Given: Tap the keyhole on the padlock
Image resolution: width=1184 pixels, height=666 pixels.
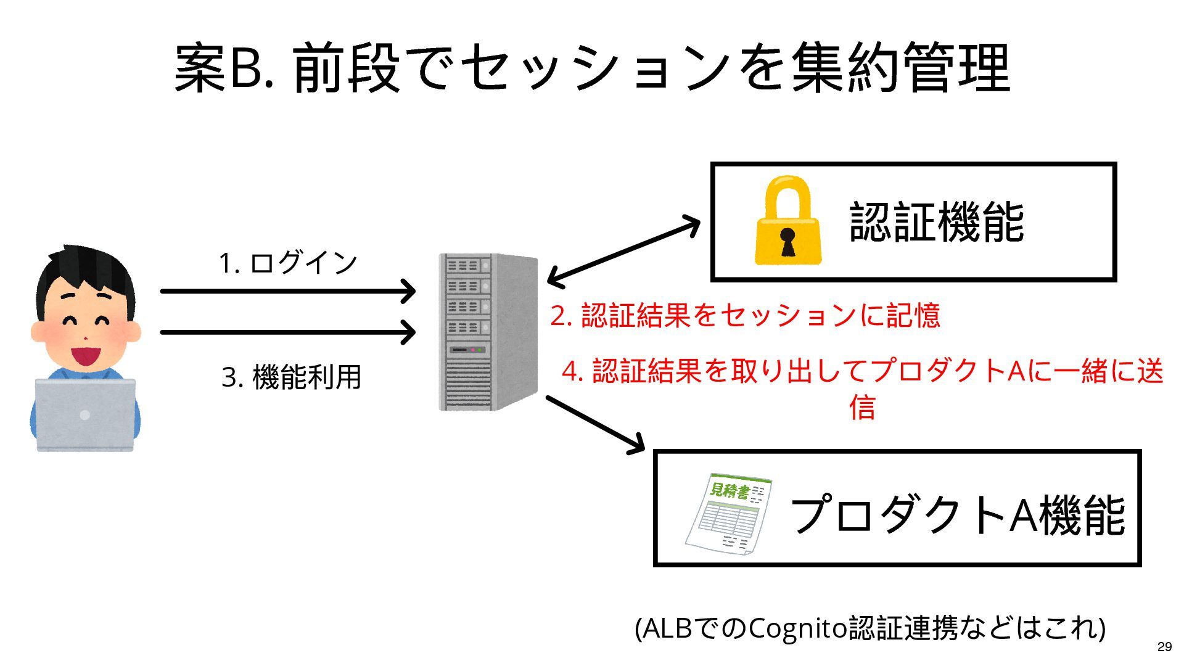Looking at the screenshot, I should pyautogui.click(x=787, y=240).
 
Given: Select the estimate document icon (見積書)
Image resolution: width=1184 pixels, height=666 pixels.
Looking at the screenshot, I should pyautogui.click(x=730, y=512).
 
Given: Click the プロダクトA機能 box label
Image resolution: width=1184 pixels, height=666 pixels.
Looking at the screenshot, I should pyautogui.click(x=957, y=514).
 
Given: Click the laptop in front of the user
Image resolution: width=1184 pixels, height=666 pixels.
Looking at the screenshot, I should pyautogui.click(x=85, y=415).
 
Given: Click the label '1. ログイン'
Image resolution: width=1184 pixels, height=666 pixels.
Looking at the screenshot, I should pyautogui.click(x=288, y=263).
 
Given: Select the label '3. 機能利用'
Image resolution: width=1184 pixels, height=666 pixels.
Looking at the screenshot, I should pyautogui.click(x=292, y=377).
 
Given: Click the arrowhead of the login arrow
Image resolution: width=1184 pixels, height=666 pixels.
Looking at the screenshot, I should pyautogui.click(x=409, y=291).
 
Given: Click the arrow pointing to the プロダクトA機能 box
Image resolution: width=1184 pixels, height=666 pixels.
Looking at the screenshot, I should pyautogui.click(x=596, y=425).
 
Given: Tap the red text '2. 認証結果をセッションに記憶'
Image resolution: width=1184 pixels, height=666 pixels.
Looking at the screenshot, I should pyautogui.click(x=745, y=315).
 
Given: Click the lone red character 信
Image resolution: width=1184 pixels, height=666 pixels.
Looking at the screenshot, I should pyautogui.click(x=862, y=407).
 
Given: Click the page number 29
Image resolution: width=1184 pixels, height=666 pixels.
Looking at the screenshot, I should pyautogui.click(x=1164, y=647).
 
